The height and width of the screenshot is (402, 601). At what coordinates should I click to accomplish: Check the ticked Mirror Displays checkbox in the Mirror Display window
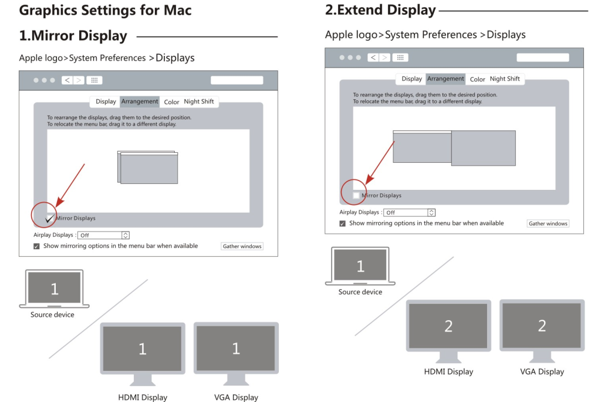49,218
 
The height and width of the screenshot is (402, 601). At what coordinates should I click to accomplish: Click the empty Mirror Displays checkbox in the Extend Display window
356,196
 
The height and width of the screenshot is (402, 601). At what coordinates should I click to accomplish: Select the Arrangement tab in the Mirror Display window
140,101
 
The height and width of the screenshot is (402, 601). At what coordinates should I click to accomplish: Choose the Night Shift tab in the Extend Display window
505,79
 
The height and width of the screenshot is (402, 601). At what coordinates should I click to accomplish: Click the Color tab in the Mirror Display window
171,102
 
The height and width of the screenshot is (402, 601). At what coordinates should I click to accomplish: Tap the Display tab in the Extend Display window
411,79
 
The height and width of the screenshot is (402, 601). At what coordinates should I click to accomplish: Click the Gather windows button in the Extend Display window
548,223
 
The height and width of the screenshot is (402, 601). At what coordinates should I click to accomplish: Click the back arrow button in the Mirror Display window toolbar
67,81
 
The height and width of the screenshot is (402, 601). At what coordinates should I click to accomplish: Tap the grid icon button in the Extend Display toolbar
400,58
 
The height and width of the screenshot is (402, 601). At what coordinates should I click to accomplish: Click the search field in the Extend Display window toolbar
543,58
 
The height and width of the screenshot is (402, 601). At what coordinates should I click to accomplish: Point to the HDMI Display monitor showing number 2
448,331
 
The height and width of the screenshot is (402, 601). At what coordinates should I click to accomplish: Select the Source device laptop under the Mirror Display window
54,289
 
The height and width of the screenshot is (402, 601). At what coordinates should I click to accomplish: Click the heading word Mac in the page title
177,11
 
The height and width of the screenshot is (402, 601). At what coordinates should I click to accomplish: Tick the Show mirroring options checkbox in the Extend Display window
342,223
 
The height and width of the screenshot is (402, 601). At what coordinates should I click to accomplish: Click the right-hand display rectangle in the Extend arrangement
484,148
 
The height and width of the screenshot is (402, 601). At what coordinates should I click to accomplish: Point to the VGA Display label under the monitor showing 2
542,371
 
